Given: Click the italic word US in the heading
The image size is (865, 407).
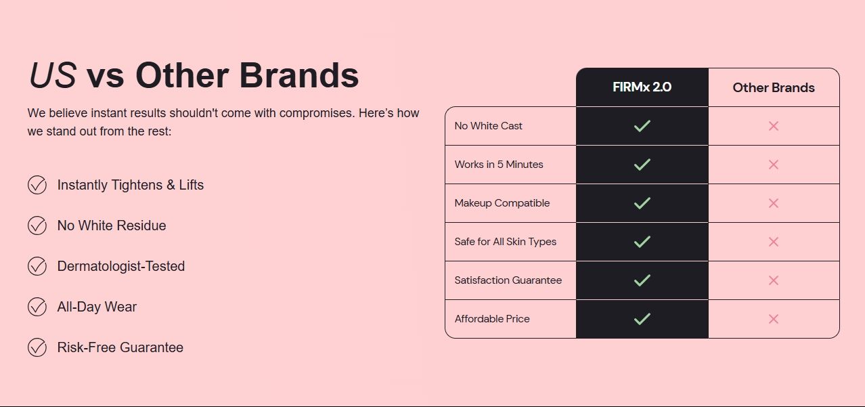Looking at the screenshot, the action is point(53,75).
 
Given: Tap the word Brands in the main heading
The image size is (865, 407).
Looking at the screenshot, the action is point(299,75).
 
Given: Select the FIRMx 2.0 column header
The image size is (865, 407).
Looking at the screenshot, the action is point(642,87).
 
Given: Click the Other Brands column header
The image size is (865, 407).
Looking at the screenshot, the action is point(774,88).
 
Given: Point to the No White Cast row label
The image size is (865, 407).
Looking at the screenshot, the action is point(488,125).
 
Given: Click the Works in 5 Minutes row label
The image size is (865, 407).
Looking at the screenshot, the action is point(499,165).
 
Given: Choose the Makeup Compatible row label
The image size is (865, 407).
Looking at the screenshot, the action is point(502,203).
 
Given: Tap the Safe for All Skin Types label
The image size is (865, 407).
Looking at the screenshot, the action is point(505,242).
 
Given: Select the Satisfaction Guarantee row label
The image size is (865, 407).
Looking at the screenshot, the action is point(508,280).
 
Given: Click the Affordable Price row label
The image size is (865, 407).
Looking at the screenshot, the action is point(492,319).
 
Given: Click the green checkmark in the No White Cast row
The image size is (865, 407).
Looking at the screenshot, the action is point(642,125).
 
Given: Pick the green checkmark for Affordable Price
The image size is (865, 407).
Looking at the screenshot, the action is point(642,319).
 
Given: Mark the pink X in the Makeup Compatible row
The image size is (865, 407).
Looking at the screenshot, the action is point(774,203).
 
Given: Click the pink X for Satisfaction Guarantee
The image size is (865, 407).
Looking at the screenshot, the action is point(774,280).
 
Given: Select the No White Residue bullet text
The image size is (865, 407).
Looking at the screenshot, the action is point(112,226).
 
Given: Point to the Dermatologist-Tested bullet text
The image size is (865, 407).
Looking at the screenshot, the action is point(121,266).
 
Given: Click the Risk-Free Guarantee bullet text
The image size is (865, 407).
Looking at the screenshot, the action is point(120,347).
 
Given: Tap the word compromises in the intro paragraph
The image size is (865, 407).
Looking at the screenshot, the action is point(317,113).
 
